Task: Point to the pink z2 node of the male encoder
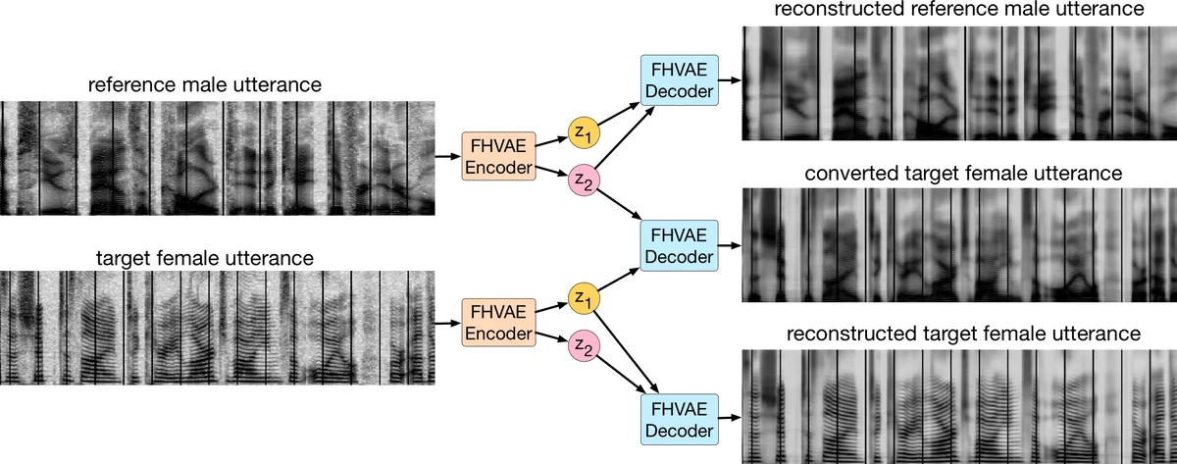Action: [x=583, y=182]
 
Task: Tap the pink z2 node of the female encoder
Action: [x=583, y=346]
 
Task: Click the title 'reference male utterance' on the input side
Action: [x=204, y=85]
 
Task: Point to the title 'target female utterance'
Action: [x=204, y=259]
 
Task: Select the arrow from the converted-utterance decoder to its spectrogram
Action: [x=730, y=245]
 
